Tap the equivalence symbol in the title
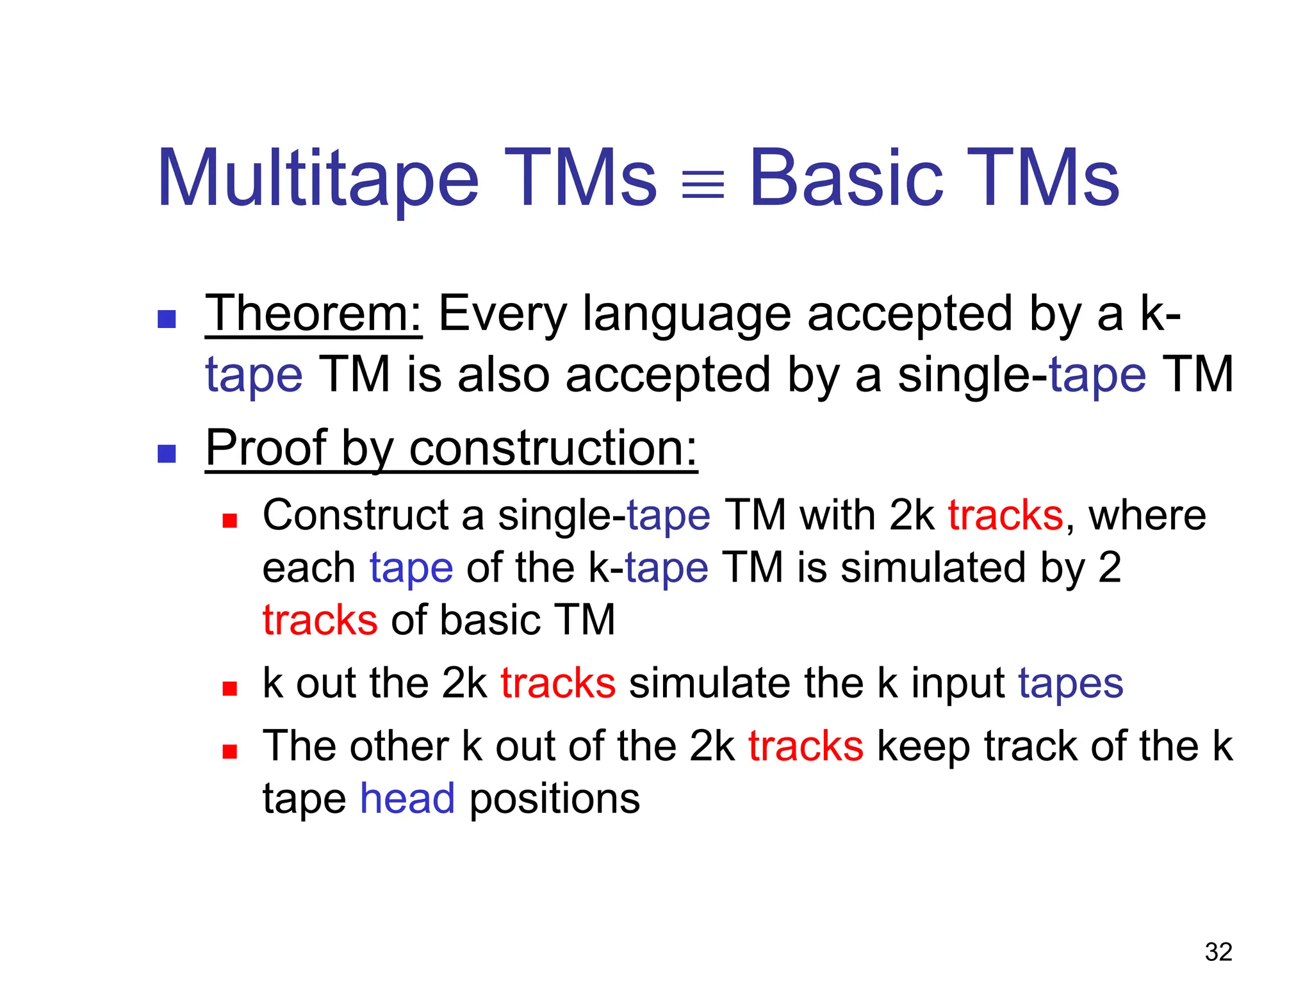point(703,184)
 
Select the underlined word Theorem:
point(313,314)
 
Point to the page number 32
point(1218,952)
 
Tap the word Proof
point(266,448)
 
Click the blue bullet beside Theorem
point(167,319)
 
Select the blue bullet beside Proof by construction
point(167,454)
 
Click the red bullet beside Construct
point(229,520)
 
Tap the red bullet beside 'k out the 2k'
point(229,688)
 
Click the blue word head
point(407,799)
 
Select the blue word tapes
point(1070,684)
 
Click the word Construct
point(356,516)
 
